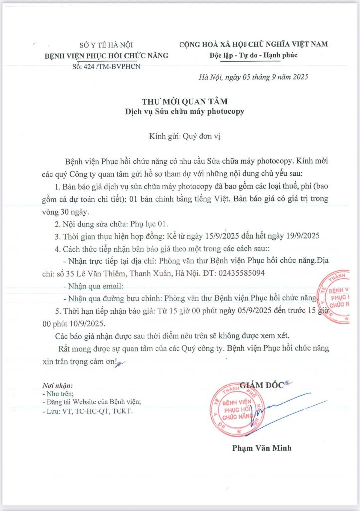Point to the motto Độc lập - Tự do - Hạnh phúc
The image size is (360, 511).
(253, 55)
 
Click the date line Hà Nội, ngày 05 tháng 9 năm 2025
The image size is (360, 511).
(254, 77)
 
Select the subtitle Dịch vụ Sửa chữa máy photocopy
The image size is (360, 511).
(184, 111)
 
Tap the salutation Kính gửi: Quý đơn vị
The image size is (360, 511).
(184, 136)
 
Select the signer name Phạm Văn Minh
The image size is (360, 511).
(261, 448)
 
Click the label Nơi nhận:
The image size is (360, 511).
(58, 386)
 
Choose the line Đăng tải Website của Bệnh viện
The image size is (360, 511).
(92, 402)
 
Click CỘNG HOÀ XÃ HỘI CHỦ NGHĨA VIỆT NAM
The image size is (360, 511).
(253, 44)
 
